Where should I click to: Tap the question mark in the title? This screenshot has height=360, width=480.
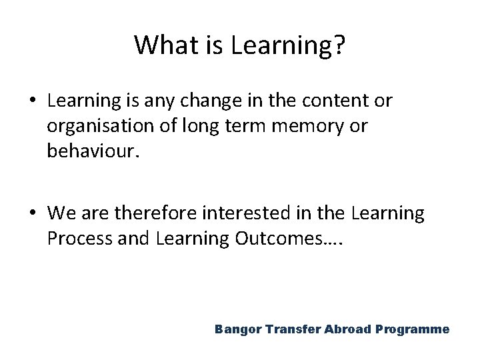339,45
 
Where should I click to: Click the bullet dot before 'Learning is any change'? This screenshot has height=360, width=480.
32,102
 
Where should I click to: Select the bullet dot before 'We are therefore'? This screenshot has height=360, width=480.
32,214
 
